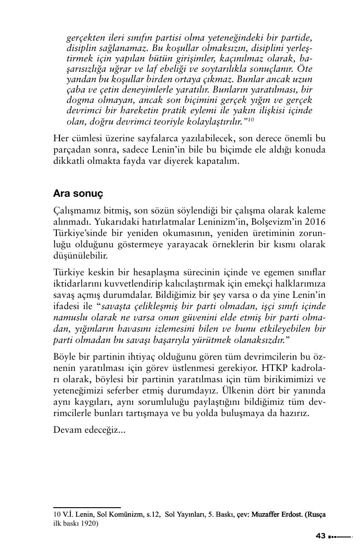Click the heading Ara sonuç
tap(78, 193)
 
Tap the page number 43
tap(321, 536)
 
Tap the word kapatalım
tap(217, 161)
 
